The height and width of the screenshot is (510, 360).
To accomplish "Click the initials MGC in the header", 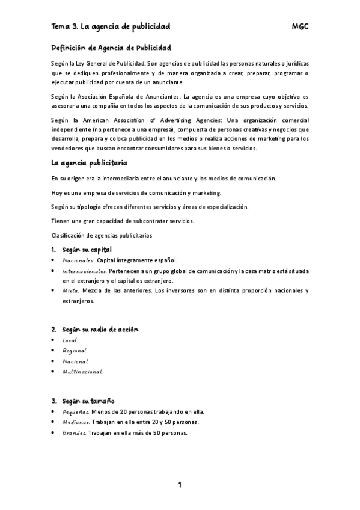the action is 300,26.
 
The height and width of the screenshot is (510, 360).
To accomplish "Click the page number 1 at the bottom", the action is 180,485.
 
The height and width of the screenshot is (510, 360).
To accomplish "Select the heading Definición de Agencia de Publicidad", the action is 111,47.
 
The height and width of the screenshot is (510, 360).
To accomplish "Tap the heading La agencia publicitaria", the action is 89,163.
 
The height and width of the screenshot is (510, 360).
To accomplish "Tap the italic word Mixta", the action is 70,291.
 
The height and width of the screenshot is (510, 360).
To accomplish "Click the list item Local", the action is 70,340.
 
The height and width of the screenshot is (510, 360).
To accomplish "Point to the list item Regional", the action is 75,350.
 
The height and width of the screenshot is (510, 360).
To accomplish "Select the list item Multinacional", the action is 82,372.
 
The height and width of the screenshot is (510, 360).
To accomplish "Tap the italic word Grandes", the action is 75,432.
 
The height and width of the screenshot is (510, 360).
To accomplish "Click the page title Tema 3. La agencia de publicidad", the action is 111,26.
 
